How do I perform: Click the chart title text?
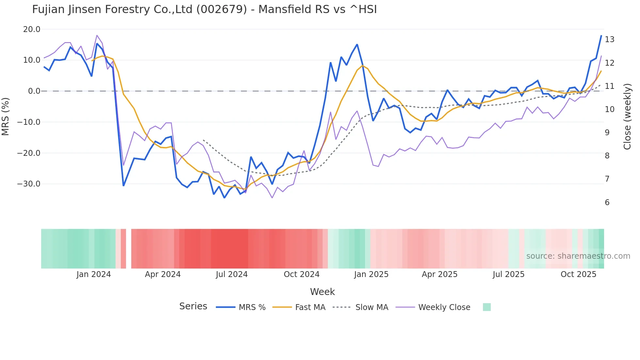(x=204, y=9)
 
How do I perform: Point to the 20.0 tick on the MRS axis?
(x=32, y=29)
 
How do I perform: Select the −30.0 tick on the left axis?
(x=29, y=184)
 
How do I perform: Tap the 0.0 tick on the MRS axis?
(x=34, y=91)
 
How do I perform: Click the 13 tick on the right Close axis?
(x=609, y=40)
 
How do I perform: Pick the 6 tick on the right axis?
(x=607, y=203)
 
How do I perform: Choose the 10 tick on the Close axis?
(x=609, y=109)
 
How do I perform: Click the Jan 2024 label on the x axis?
(x=94, y=274)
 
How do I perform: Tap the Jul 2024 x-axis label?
(x=232, y=274)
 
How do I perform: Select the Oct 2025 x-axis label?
(x=578, y=274)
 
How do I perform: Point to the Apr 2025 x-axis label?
(x=440, y=274)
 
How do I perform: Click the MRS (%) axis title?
(x=6, y=116)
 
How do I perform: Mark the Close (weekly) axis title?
(x=627, y=117)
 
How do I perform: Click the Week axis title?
(x=322, y=292)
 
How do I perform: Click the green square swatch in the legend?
(x=487, y=307)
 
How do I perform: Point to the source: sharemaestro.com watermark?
(x=578, y=256)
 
